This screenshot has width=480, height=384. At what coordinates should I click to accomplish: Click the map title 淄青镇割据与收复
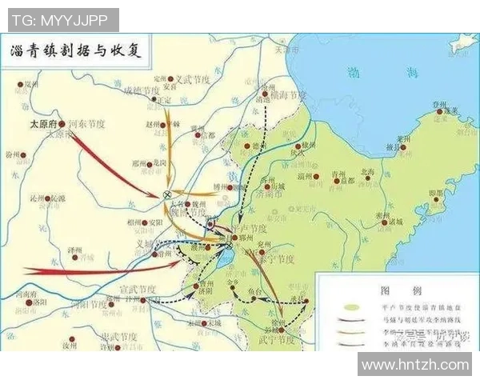coord(76,50)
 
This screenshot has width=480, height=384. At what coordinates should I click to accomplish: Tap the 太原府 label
coord(44,124)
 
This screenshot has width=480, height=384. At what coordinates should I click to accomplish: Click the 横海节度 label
coord(286,94)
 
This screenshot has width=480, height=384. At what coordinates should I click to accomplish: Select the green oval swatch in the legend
coord(349,305)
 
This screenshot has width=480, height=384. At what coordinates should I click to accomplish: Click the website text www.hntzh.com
coord(415,365)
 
